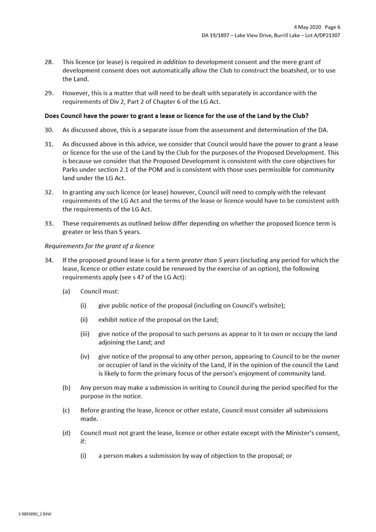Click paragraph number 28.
pos(49,62)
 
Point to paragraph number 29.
pos(49,93)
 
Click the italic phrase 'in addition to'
pos(175,62)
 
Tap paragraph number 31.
pos(49,143)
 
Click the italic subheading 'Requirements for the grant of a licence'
pos(99,246)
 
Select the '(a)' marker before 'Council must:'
pos(66,291)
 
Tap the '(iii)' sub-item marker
pos(85,334)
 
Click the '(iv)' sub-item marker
pos(85,356)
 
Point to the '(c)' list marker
pos(66,410)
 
